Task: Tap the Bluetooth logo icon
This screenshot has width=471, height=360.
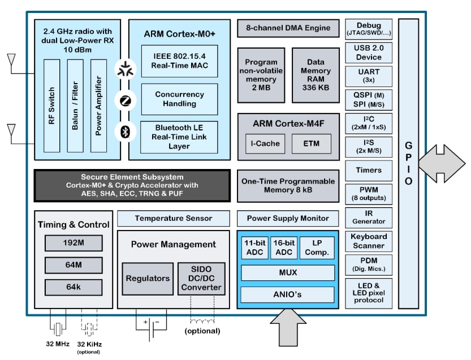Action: (x=124, y=131)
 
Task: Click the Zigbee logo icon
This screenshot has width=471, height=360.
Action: (x=124, y=101)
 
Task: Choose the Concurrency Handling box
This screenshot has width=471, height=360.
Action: (x=179, y=99)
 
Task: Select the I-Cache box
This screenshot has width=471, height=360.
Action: (x=265, y=144)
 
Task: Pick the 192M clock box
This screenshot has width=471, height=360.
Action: (x=74, y=243)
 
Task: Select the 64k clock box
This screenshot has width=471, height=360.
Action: (x=74, y=287)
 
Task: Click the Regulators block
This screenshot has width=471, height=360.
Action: (x=147, y=278)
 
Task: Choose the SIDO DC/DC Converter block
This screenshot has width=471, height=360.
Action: (x=202, y=278)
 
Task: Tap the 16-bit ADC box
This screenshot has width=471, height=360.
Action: (x=284, y=248)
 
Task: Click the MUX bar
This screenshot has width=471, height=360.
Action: (x=287, y=272)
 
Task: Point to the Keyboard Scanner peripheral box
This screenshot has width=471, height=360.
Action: (x=369, y=241)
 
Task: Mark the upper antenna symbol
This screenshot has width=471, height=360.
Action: (x=11, y=60)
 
